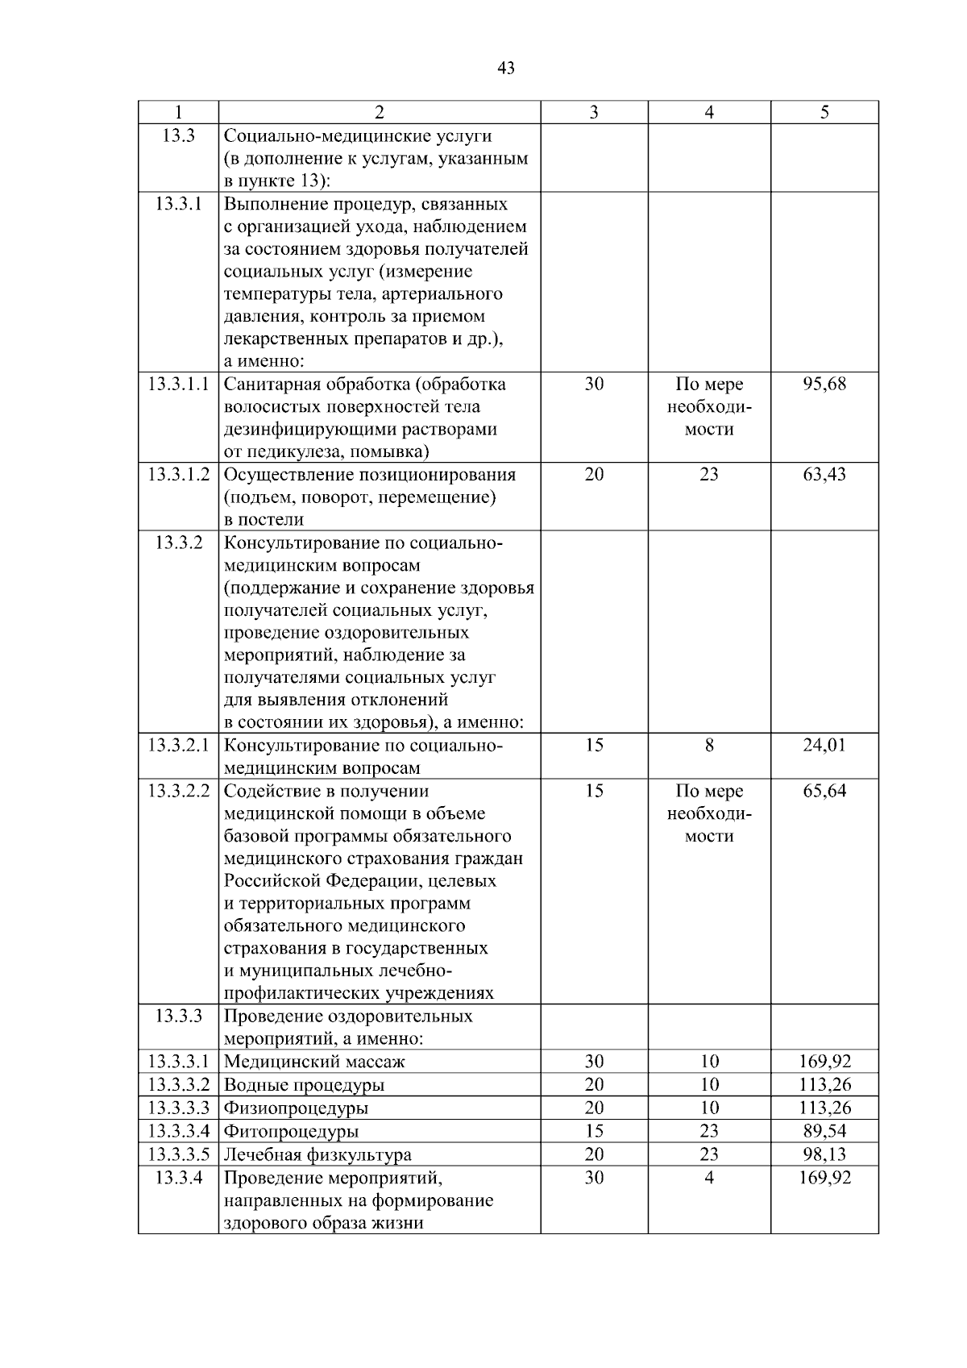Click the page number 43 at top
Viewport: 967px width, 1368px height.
point(506,69)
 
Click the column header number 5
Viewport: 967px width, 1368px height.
point(824,113)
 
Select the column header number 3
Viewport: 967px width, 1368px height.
point(594,113)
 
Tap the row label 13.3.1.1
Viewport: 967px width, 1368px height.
point(178,384)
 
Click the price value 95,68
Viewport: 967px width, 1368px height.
point(824,384)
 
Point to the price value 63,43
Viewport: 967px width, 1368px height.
point(824,474)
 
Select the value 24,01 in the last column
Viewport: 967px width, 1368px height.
point(824,745)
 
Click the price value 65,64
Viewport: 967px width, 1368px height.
point(824,791)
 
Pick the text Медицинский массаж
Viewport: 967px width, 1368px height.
point(314,1062)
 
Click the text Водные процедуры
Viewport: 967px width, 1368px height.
point(304,1085)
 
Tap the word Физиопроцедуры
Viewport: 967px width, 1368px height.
point(296,1108)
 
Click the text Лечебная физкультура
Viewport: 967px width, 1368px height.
point(317,1154)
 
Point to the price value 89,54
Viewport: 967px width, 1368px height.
point(824,1131)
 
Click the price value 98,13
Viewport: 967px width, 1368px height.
point(824,1154)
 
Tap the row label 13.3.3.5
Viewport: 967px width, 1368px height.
point(178,1154)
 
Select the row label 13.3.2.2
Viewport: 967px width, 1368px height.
point(178,791)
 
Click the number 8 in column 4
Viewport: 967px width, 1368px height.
point(709,745)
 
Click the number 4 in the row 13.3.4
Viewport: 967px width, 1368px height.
point(709,1178)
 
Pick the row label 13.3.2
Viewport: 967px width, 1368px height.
point(178,542)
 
